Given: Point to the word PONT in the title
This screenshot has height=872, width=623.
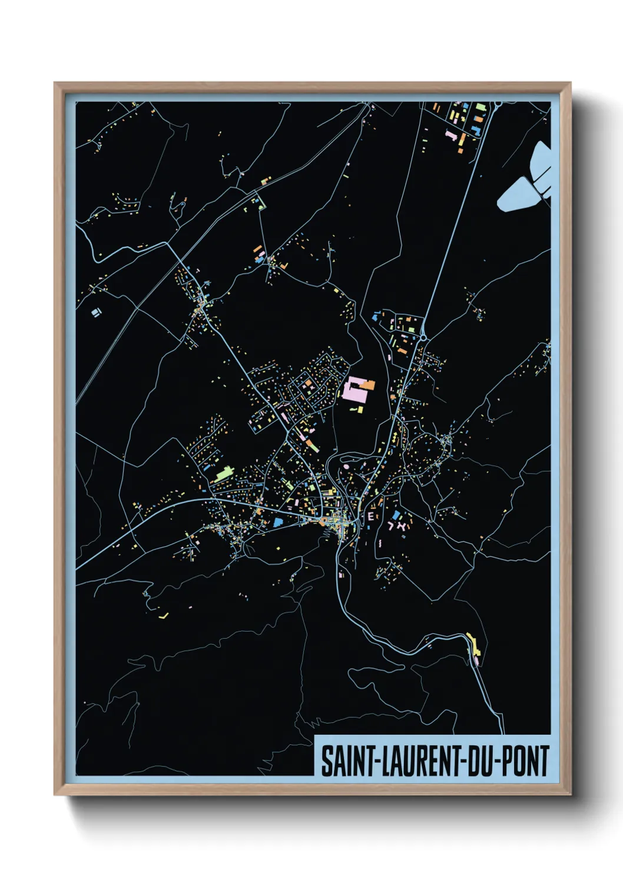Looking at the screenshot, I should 525,761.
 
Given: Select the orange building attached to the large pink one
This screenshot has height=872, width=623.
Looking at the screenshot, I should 369,385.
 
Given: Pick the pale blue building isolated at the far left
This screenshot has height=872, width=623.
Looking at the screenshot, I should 95,312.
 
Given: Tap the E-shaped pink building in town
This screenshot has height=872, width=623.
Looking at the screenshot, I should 370,517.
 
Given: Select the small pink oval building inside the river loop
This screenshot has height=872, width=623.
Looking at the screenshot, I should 346,467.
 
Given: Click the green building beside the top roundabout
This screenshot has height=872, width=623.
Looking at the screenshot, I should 480,108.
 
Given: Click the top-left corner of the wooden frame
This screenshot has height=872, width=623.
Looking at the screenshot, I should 55,83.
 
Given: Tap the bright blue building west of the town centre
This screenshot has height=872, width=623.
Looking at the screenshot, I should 277,521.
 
